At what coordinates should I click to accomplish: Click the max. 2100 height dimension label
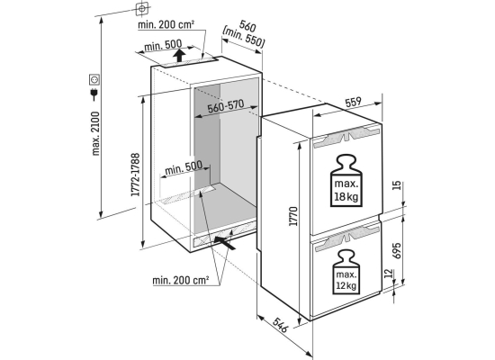(x=95, y=133)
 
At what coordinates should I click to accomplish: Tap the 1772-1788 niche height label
(x=135, y=175)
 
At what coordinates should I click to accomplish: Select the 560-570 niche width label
(x=225, y=106)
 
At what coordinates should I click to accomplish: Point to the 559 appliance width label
(x=353, y=102)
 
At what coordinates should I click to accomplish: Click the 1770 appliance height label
(x=293, y=216)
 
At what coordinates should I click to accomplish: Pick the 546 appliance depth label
(x=280, y=325)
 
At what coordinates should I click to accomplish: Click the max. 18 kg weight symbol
(x=346, y=181)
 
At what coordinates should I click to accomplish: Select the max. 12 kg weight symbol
(x=346, y=272)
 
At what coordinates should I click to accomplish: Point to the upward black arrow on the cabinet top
(x=179, y=56)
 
